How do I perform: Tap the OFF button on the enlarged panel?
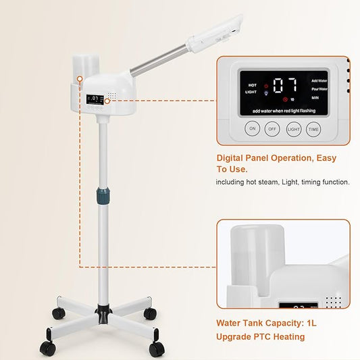tap(273, 128)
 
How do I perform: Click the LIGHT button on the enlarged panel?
tap(293, 128)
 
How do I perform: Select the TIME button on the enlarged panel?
tap(313, 128)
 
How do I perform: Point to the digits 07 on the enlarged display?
tap(285, 85)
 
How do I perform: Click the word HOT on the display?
tap(252, 85)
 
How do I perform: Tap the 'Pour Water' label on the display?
tap(319, 88)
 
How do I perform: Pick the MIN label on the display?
tap(315, 99)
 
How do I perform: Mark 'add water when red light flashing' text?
tap(284, 110)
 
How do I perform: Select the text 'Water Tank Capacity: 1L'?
tap(266, 324)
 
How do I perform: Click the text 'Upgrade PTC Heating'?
tap(261, 336)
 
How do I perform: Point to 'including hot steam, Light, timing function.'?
tap(282, 182)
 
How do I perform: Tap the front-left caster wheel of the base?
tap(47, 348)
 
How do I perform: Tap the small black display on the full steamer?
tap(95, 99)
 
